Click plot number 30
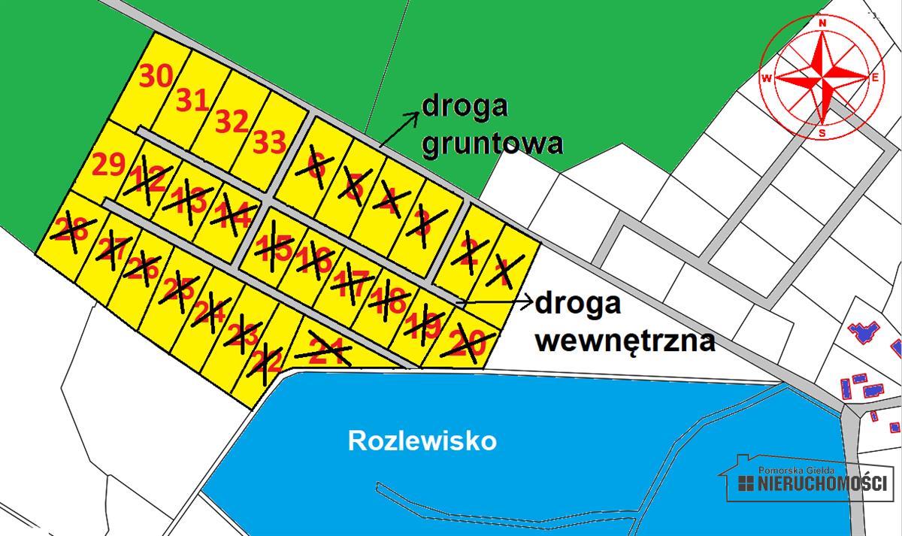156,77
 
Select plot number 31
192,99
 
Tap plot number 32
232,121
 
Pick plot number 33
269,141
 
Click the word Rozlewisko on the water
422,441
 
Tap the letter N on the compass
822,23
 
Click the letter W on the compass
767,77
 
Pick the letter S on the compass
823,133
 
